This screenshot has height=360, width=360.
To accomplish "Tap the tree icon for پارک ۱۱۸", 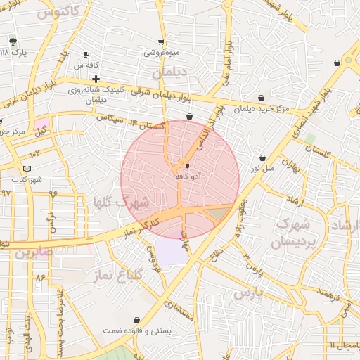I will point(12,41).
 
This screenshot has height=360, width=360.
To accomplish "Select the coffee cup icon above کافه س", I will point(86,54).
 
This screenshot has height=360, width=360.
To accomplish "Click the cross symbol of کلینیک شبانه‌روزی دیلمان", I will point(96,79).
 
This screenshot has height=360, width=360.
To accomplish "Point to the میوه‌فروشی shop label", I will point(162,53).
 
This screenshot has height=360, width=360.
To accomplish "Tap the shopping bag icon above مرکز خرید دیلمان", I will point(262,98).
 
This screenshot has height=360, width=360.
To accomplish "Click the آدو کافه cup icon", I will point(187,166).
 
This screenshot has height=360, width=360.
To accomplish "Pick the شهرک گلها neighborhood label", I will point(131,202).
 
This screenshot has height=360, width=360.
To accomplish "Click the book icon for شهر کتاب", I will point(27,168).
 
